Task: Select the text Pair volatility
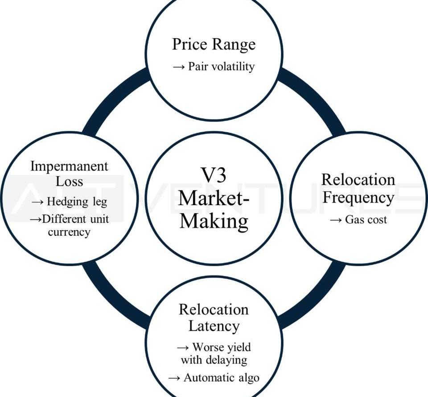pyautogui.click(x=221, y=67)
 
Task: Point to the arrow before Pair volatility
pyautogui.click(x=178, y=67)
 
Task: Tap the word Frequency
pyautogui.click(x=358, y=197)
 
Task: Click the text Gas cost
pyautogui.click(x=366, y=219)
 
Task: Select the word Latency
pyautogui.click(x=214, y=326)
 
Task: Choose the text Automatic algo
pyautogui.click(x=221, y=378)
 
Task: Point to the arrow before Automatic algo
pyautogui.click(x=174, y=378)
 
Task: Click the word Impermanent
pyautogui.click(x=69, y=166)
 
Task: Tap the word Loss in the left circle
pyautogui.click(x=69, y=182)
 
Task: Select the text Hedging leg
pyautogui.click(x=77, y=202)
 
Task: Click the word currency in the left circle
pyautogui.click(x=69, y=232)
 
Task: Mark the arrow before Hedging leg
pyautogui.click(x=37, y=202)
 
